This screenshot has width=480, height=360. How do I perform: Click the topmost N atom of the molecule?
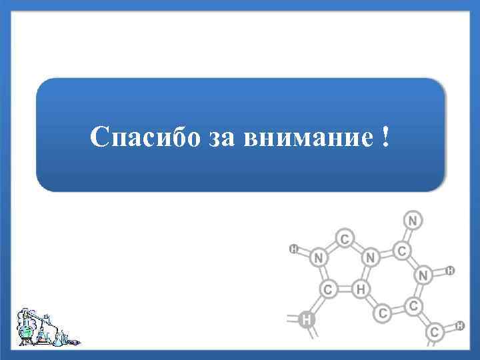(413, 220)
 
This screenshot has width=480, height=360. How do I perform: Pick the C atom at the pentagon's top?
(344, 238)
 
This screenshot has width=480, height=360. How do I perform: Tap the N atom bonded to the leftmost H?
(319, 257)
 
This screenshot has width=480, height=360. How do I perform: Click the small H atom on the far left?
(293, 249)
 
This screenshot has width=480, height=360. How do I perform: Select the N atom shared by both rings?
(371, 257)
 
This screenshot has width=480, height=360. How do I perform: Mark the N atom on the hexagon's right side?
(423, 274)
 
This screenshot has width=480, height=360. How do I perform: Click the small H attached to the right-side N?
(451, 271)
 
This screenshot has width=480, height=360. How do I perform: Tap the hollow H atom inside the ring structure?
(361, 289)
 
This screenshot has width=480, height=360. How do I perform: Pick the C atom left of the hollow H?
(329, 289)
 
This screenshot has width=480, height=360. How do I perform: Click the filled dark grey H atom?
(306, 319)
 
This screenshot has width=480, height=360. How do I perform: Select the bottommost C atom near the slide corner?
(435, 331)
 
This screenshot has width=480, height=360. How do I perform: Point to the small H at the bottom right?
(460, 325)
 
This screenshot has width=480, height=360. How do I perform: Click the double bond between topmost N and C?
(408, 235)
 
